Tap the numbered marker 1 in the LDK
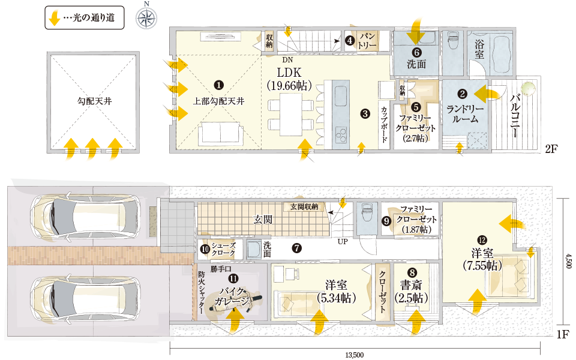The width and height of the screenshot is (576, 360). pyautogui.click(x=218, y=85)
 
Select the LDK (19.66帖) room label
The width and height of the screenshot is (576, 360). pyautogui.click(x=289, y=79)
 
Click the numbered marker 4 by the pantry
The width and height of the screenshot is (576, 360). pyautogui.click(x=350, y=40)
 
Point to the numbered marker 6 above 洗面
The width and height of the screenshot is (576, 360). pyautogui.click(x=416, y=53)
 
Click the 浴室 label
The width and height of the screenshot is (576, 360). pyautogui.click(x=479, y=50)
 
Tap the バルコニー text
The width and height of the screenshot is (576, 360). pyautogui.click(x=515, y=116)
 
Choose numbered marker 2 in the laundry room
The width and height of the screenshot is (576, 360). pyautogui.click(x=462, y=94)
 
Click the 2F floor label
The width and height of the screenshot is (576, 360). pyautogui.click(x=551, y=149)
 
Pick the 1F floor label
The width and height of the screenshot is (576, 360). pyautogui.click(x=562, y=335)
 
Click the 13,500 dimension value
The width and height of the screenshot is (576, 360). pyautogui.click(x=355, y=355)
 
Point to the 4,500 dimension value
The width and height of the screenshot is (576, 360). pyautogui.click(x=569, y=261)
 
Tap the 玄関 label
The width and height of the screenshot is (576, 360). pyautogui.click(x=263, y=220)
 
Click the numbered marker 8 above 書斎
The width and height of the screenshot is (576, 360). pyautogui.click(x=412, y=272)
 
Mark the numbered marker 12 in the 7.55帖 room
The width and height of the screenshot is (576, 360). pyautogui.click(x=482, y=240)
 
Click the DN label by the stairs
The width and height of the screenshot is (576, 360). pyautogui.click(x=287, y=60)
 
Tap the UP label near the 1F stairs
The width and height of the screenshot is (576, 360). pyautogui.click(x=343, y=242)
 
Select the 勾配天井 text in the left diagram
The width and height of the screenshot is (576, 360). pyautogui.click(x=94, y=101)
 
